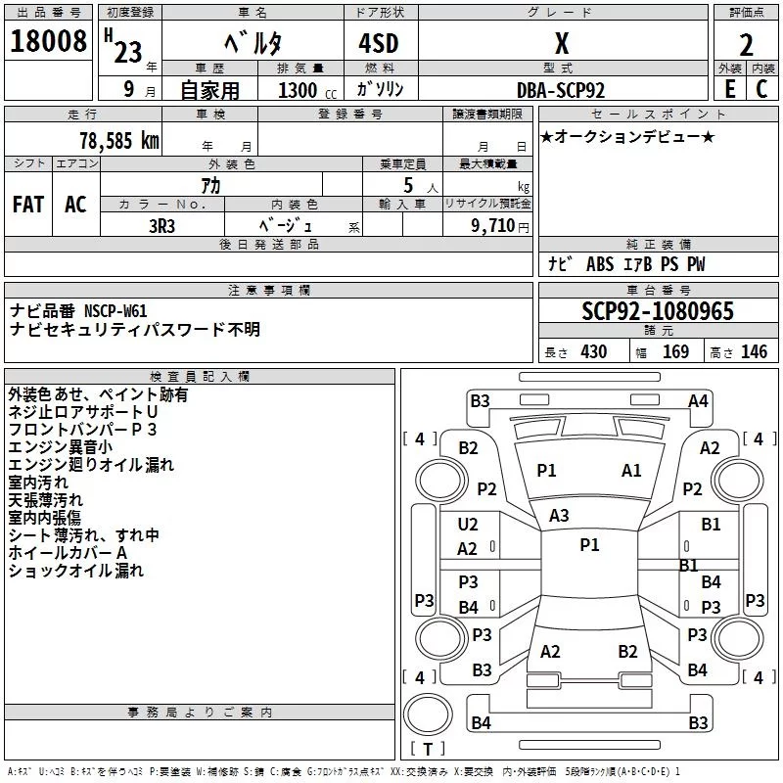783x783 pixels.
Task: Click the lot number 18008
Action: click(x=48, y=43)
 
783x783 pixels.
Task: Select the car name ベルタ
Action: click(x=253, y=43)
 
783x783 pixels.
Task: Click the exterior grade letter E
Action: click(x=729, y=89)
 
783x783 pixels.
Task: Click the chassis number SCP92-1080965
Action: click(x=657, y=311)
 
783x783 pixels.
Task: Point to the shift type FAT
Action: click(x=28, y=204)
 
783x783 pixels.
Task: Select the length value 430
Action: click(x=593, y=352)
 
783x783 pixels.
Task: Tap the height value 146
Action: click(x=754, y=352)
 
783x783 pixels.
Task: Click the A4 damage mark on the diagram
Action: click(x=698, y=401)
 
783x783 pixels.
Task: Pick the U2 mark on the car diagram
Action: click(x=468, y=525)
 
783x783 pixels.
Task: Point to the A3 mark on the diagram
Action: click(x=559, y=515)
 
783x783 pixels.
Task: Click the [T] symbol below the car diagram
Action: click(x=428, y=749)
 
